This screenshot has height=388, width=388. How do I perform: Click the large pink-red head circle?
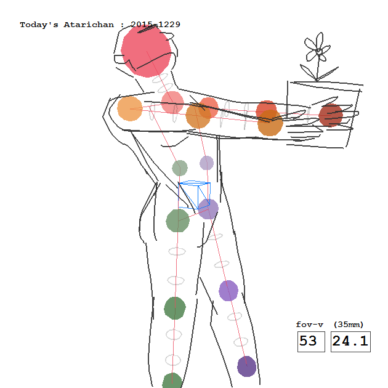(146, 51)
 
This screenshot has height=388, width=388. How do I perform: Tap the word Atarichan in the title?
(89, 25)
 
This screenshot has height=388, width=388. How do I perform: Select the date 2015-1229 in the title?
(155, 25)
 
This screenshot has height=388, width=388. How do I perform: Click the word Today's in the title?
(39, 25)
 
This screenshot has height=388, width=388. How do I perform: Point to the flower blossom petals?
(317, 47)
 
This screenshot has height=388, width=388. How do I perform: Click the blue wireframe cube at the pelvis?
(194, 195)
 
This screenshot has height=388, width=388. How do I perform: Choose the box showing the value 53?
(311, 341)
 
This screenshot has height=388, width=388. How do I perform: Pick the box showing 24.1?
(350, 341)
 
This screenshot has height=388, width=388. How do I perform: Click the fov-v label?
(310, 325)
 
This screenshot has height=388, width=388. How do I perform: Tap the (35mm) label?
(349, 325)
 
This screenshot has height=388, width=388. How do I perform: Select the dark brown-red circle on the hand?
(331, 115)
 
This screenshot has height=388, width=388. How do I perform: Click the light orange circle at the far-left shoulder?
(130, 108)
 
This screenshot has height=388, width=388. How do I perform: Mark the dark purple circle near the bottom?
(247, 366)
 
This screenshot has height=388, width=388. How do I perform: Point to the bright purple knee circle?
(228, 291)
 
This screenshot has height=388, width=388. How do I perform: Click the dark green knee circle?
(175, 308)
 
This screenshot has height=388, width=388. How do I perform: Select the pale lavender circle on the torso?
(206, 163)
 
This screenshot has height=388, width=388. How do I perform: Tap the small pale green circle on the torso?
(180, 168)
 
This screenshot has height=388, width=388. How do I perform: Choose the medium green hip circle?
(177, 220)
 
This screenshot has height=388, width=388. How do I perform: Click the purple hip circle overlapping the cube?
(208, 209)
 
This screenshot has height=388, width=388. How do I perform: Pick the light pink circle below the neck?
(172, 102)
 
